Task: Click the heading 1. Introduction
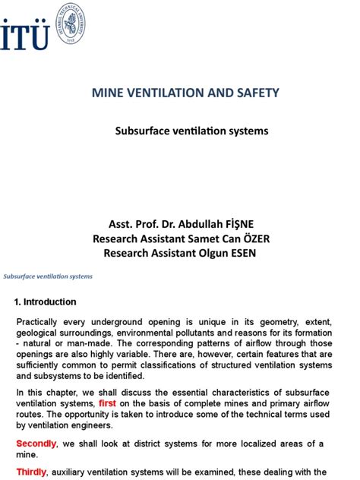(x=46, y=302)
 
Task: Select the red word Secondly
(x=36, y=444)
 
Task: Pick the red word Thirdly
(x=32, y=472)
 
